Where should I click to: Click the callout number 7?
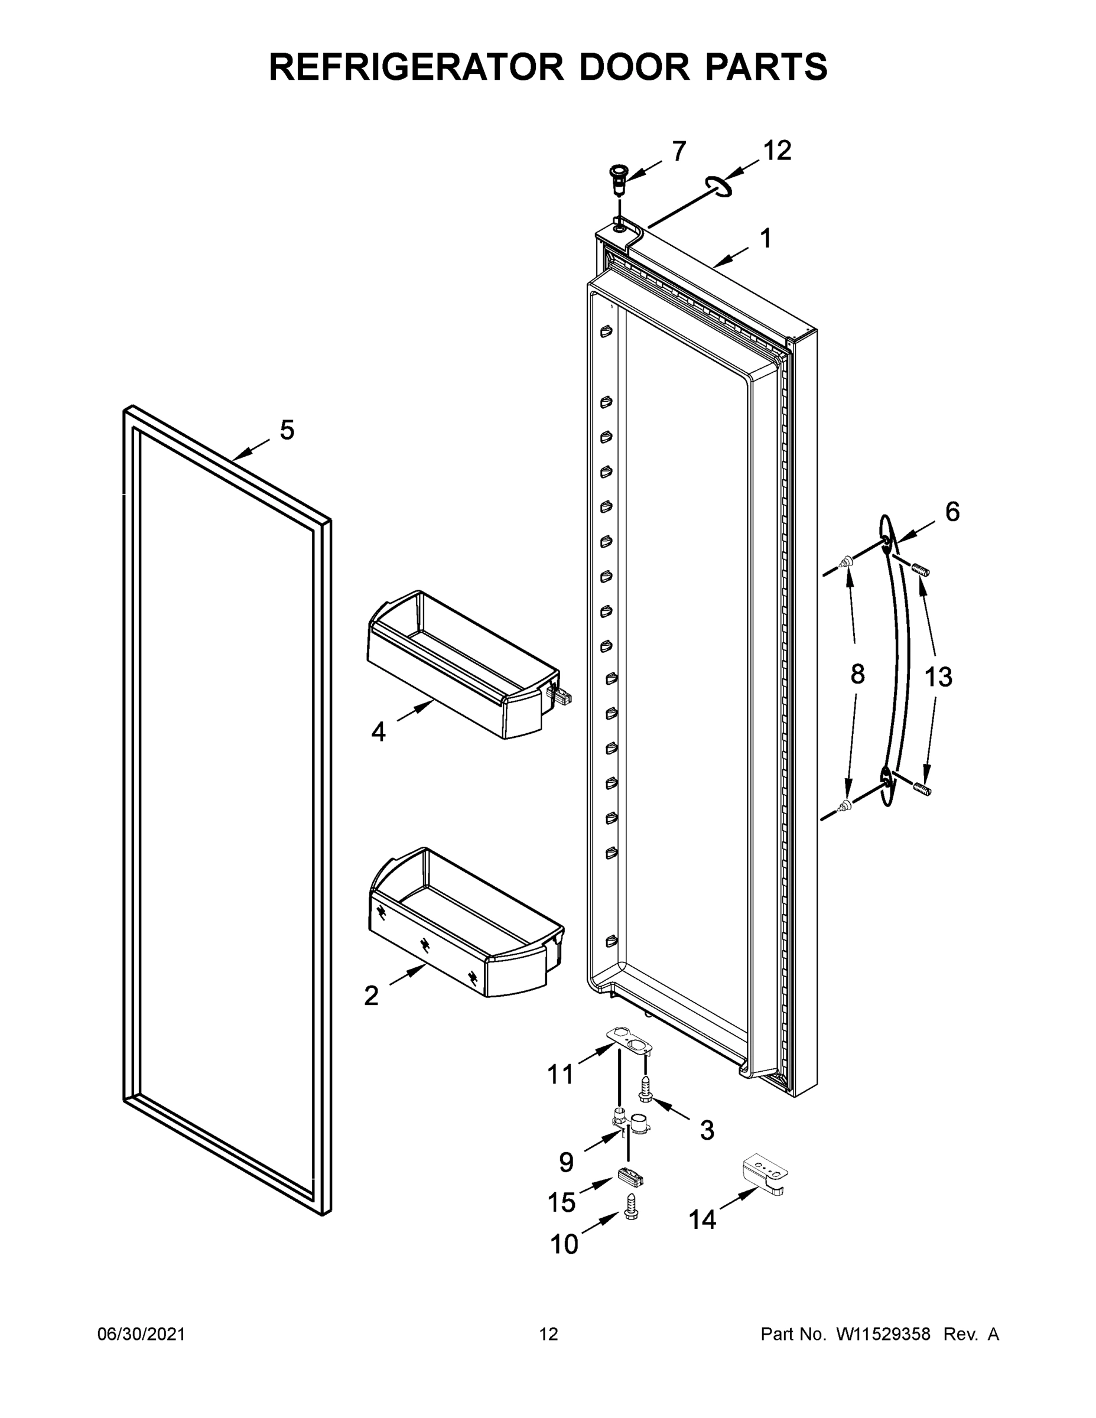tap(678, 151)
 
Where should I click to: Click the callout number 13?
tap(938, 677)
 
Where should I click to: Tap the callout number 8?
tap(857, 675)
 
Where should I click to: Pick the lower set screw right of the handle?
tap(921, 789)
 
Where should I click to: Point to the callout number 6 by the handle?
tap(952, 512)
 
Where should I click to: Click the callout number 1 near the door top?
tap(766, 238)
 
